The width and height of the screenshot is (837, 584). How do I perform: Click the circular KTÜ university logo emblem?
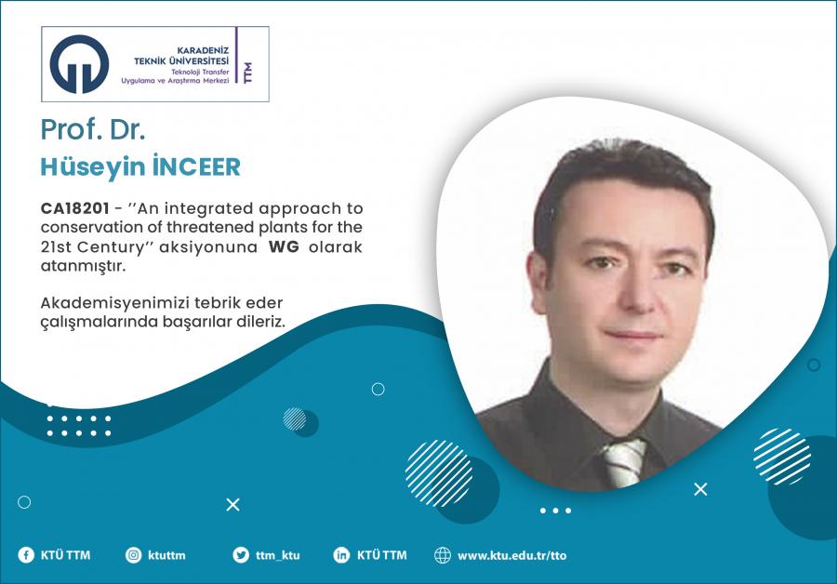pos(79,64)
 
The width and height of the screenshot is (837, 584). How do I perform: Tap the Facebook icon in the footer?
pos(26,555)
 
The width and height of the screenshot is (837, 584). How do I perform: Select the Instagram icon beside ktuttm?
pos(133,555)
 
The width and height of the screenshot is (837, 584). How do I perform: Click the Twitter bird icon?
pos(241,555)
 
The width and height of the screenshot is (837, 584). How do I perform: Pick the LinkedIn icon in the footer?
pos(341,555)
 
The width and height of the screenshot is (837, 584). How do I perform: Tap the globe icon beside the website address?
pos(443,555)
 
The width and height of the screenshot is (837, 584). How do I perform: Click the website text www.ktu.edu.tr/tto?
pos(511,556)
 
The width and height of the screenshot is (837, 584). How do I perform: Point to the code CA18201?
pos(74,208)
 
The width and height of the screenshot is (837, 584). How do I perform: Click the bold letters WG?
pos(284,246)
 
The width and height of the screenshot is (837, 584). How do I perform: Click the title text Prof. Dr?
pos(93,129)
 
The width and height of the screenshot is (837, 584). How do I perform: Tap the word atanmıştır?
pos(84,266)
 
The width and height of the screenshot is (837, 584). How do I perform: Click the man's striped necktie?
pos(623,463)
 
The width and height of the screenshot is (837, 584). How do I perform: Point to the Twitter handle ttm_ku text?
pos(277,556)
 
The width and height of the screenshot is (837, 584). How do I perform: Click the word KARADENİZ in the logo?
pos(203,51)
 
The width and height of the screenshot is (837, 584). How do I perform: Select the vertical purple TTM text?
pos(247,73)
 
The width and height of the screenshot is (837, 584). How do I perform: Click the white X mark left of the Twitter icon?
pos(232,504)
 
